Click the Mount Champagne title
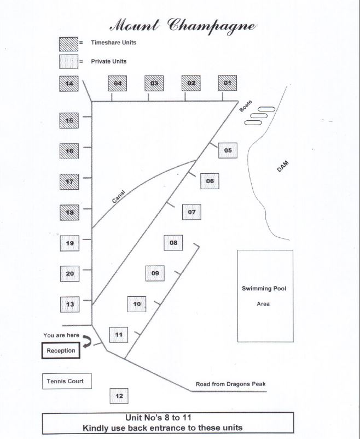click(x=183, y=25)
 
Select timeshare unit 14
click(x=69, y=84)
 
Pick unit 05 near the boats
click(x=228, y=150)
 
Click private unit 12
click(x=119, y=395)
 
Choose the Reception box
click(x=61, y=350)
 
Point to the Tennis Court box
click(x=65, y=381)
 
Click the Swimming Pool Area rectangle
click(x=264, y=296)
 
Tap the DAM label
click(x=282, y=167)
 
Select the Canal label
click(x=119, y=196)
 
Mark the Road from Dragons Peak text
click(x=230, y=384)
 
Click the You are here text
click(x=61, y=335)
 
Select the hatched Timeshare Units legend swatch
click(x=68, y=43)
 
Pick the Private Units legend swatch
click(x=68, y=61)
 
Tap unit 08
click(x=173, y=243)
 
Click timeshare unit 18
click(x=69, y=212)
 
